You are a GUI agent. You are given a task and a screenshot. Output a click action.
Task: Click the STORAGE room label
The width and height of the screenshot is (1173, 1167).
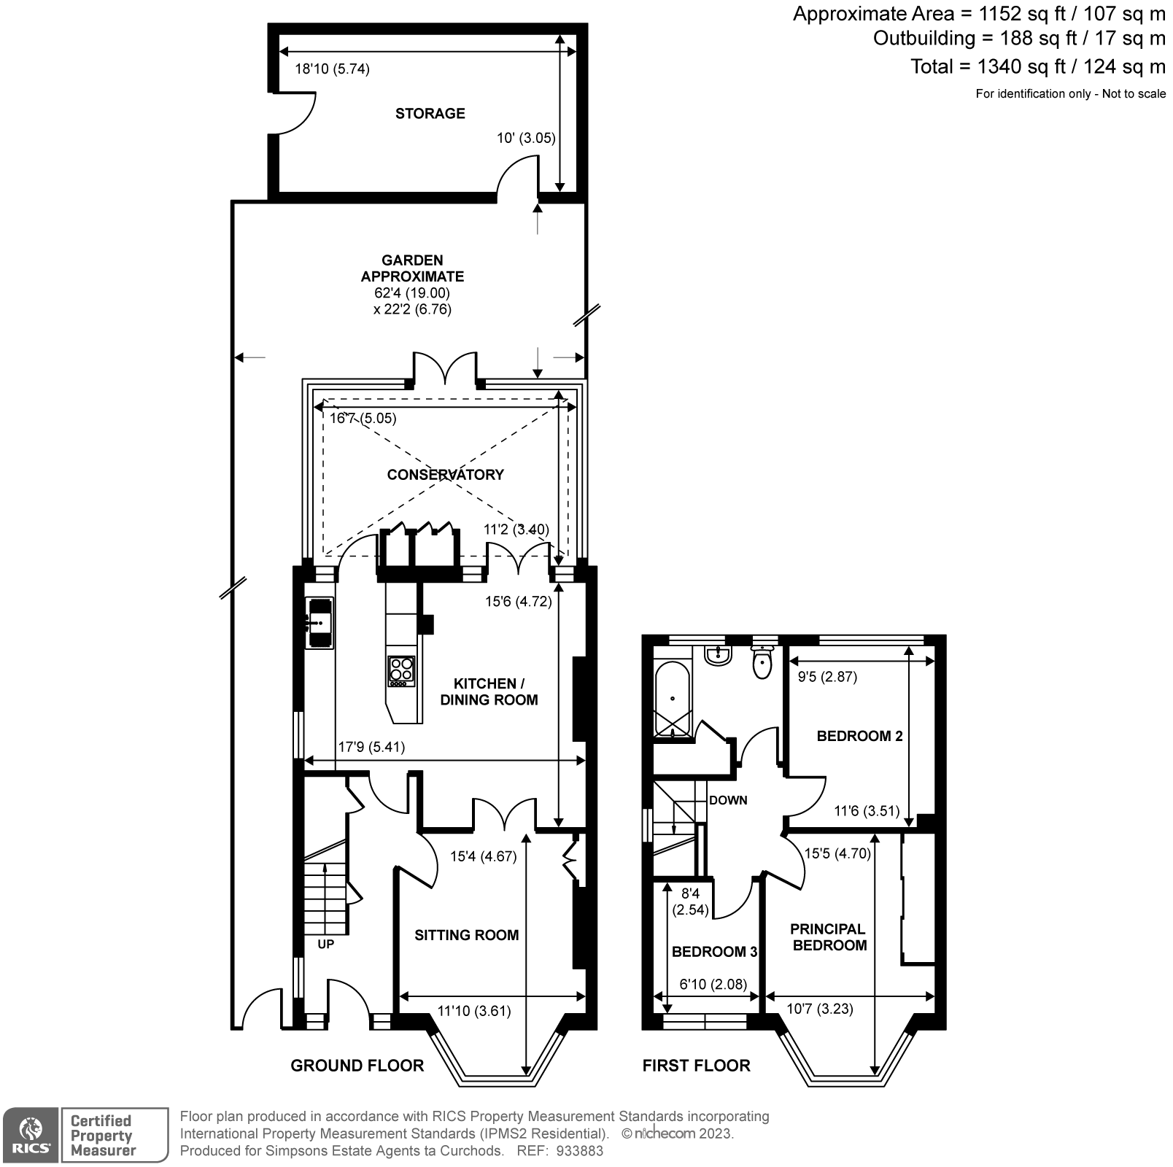430,113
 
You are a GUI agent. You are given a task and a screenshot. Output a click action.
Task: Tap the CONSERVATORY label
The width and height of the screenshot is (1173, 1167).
445,474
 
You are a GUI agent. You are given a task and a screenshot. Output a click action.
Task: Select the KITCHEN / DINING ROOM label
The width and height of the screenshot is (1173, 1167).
489,691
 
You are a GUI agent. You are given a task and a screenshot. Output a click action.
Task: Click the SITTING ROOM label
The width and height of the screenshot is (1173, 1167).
466,935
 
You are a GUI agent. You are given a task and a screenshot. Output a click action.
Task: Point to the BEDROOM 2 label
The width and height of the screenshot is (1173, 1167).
859,736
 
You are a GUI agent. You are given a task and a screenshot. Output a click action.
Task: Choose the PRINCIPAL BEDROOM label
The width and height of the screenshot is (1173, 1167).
829,937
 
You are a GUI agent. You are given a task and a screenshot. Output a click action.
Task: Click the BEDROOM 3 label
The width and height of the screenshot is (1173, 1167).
714,952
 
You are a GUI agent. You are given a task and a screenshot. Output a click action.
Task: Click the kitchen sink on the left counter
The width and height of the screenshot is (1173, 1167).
320,622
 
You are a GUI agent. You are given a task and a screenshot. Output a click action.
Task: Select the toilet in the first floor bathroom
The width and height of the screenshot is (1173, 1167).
762,662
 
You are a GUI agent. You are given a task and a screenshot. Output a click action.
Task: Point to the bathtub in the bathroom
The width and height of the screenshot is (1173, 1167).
671,699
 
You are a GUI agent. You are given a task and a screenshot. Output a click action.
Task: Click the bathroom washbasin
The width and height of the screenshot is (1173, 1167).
718,654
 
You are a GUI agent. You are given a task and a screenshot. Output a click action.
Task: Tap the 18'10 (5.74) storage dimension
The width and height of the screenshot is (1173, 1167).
332,69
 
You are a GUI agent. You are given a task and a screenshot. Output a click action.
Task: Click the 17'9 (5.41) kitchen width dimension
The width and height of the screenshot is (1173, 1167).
371,747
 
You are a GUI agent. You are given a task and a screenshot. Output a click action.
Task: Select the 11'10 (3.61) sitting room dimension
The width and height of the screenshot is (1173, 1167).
473,1011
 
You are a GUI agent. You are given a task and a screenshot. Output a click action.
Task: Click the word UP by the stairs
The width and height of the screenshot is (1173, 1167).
325,944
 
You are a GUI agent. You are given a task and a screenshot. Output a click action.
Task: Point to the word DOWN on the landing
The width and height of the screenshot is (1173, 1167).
728,800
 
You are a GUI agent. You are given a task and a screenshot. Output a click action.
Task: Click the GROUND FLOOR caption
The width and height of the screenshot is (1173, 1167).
357,1066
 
